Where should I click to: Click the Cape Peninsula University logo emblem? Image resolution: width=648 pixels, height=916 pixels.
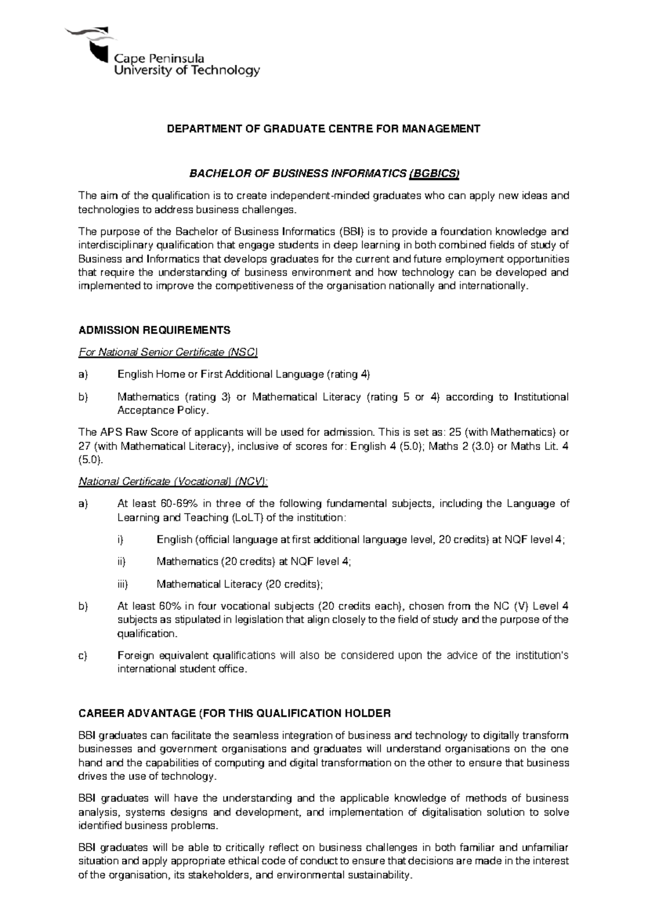point(92,46)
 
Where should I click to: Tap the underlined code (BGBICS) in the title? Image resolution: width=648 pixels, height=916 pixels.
point(435,173)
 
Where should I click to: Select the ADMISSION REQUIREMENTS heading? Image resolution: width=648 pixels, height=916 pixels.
point(154,330)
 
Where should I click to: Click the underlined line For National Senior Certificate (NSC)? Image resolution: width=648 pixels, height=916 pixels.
point(168,352)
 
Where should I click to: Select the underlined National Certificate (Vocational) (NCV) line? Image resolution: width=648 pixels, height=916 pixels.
point(173,481)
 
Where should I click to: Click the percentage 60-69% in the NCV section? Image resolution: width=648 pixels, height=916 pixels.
point(179,504)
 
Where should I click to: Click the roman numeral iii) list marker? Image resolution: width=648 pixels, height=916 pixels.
point(122,584)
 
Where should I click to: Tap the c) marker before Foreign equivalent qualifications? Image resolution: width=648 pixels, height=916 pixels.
point(83,656)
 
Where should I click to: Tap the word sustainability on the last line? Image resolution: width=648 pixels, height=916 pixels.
point(376,875)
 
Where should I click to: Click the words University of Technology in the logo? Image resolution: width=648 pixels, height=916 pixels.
point(187,70)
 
